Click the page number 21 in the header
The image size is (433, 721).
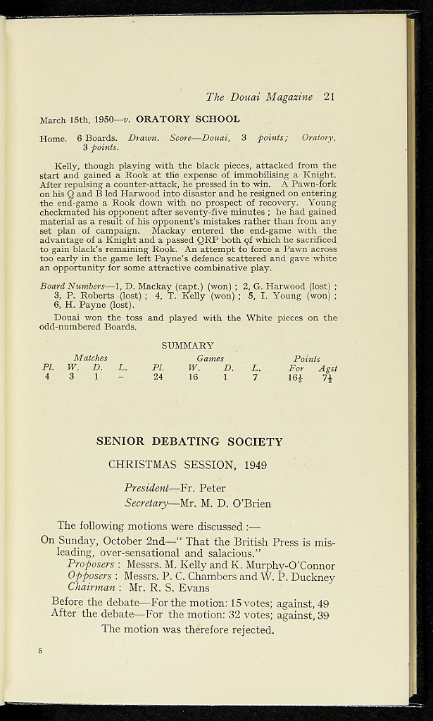pos(329,97)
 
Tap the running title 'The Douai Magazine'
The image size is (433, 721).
pos(259,97)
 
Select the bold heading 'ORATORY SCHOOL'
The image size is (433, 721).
pos(188,120)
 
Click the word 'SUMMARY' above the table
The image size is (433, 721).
pos(187,346)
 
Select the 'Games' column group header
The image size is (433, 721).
pos(210,358)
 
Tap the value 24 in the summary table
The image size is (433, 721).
pos(158,377)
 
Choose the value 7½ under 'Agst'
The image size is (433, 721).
pos(327,377)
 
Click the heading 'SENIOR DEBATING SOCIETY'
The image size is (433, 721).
pos(189,442)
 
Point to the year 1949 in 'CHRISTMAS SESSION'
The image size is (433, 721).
pos(256,465)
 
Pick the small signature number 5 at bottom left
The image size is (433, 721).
pos(40,651)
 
